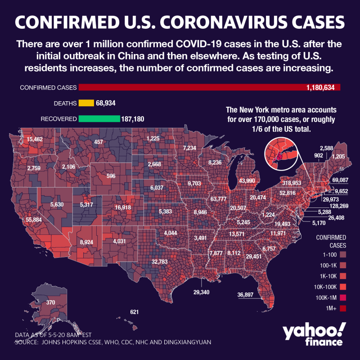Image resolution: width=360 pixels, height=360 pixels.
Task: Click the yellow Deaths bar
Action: coord(86,103)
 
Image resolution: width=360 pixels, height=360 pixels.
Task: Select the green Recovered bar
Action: coord(99,119)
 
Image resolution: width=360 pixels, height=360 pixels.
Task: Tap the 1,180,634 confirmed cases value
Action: coord(317,88)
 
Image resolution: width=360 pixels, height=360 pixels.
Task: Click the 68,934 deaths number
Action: coord(106,103)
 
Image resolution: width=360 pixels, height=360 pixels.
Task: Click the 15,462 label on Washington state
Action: coord(35,139)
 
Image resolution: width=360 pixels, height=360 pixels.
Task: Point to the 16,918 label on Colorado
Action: coord(123,207)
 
